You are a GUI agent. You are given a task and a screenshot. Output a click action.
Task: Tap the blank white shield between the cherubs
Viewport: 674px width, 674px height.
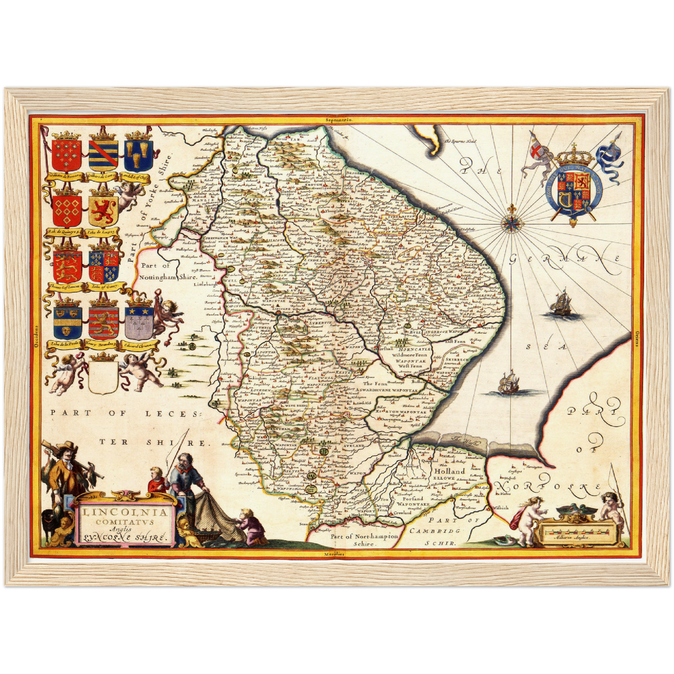tap(103, 378)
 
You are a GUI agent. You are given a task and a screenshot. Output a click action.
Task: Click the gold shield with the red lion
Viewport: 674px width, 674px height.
tap(102, 211)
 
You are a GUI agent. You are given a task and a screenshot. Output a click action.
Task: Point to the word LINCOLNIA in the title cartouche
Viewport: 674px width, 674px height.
tap(125, 512)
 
